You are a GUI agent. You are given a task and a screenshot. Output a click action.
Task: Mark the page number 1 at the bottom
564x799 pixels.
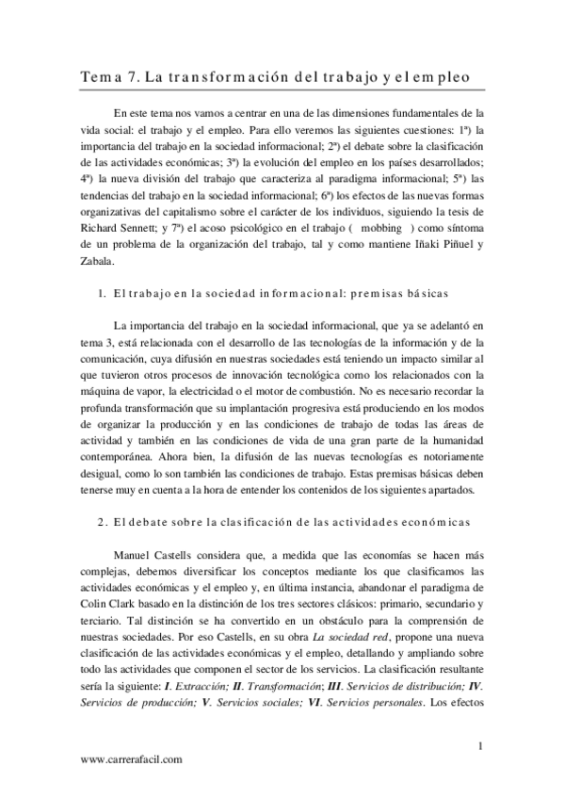tap(480, 747)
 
